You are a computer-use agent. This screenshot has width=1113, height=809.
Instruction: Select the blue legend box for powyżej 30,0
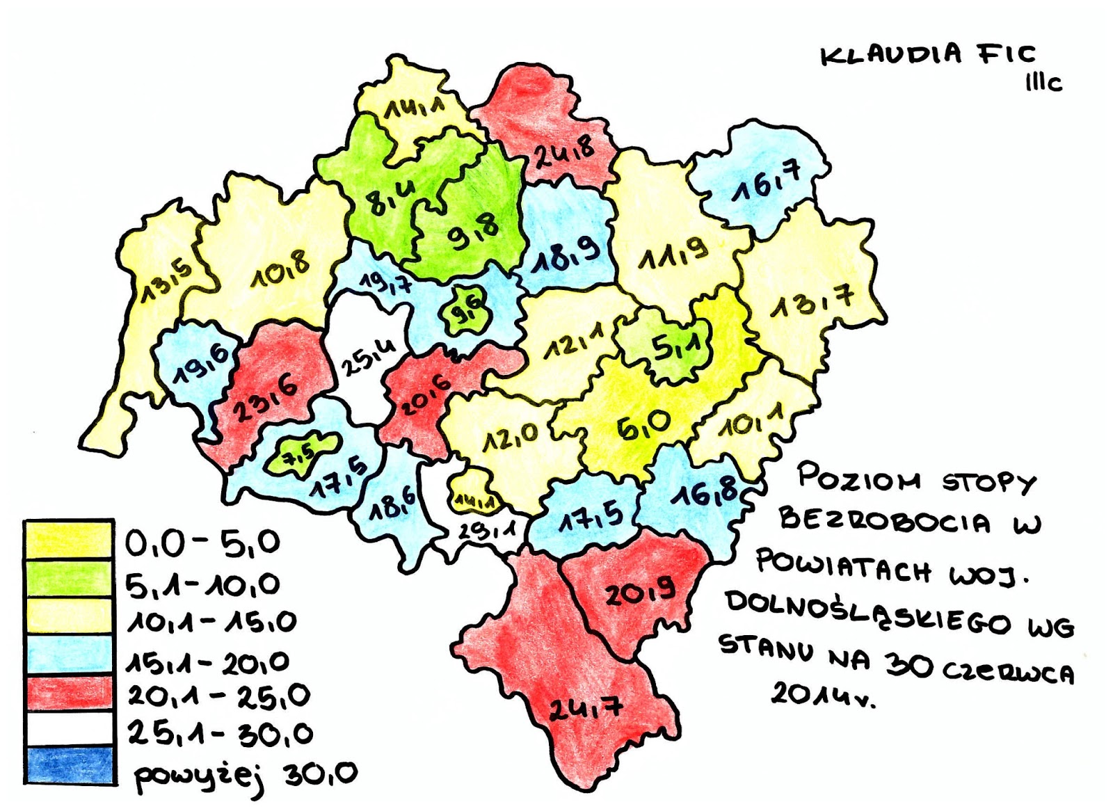70,765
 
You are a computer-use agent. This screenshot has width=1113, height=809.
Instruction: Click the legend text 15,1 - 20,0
208,662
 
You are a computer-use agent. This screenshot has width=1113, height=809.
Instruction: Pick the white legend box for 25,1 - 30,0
70,728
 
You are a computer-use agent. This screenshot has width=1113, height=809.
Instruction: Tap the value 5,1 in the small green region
671,346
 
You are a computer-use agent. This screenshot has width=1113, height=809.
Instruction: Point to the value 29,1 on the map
487,530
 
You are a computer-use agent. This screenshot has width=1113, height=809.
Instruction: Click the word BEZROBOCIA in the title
883,520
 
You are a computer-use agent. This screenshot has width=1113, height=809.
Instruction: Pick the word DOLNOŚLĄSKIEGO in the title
868,613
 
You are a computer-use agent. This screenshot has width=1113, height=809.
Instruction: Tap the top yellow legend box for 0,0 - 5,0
70,540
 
